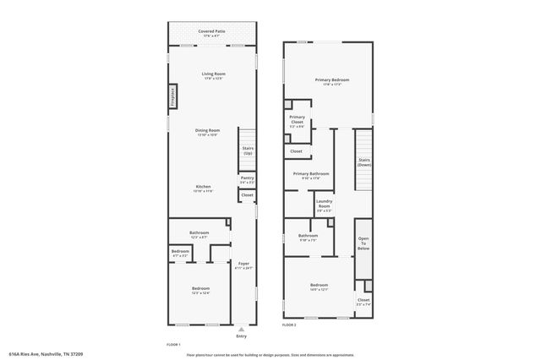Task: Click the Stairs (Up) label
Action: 248,151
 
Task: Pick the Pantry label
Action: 247,179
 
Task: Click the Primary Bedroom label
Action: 332,81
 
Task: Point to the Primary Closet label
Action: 297,121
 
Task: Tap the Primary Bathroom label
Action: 311,175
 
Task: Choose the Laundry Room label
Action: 324,204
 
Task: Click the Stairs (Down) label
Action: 364,161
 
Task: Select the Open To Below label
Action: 363,244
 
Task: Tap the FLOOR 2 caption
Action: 290,325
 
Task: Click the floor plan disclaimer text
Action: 270,354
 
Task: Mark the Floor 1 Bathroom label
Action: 199,234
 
